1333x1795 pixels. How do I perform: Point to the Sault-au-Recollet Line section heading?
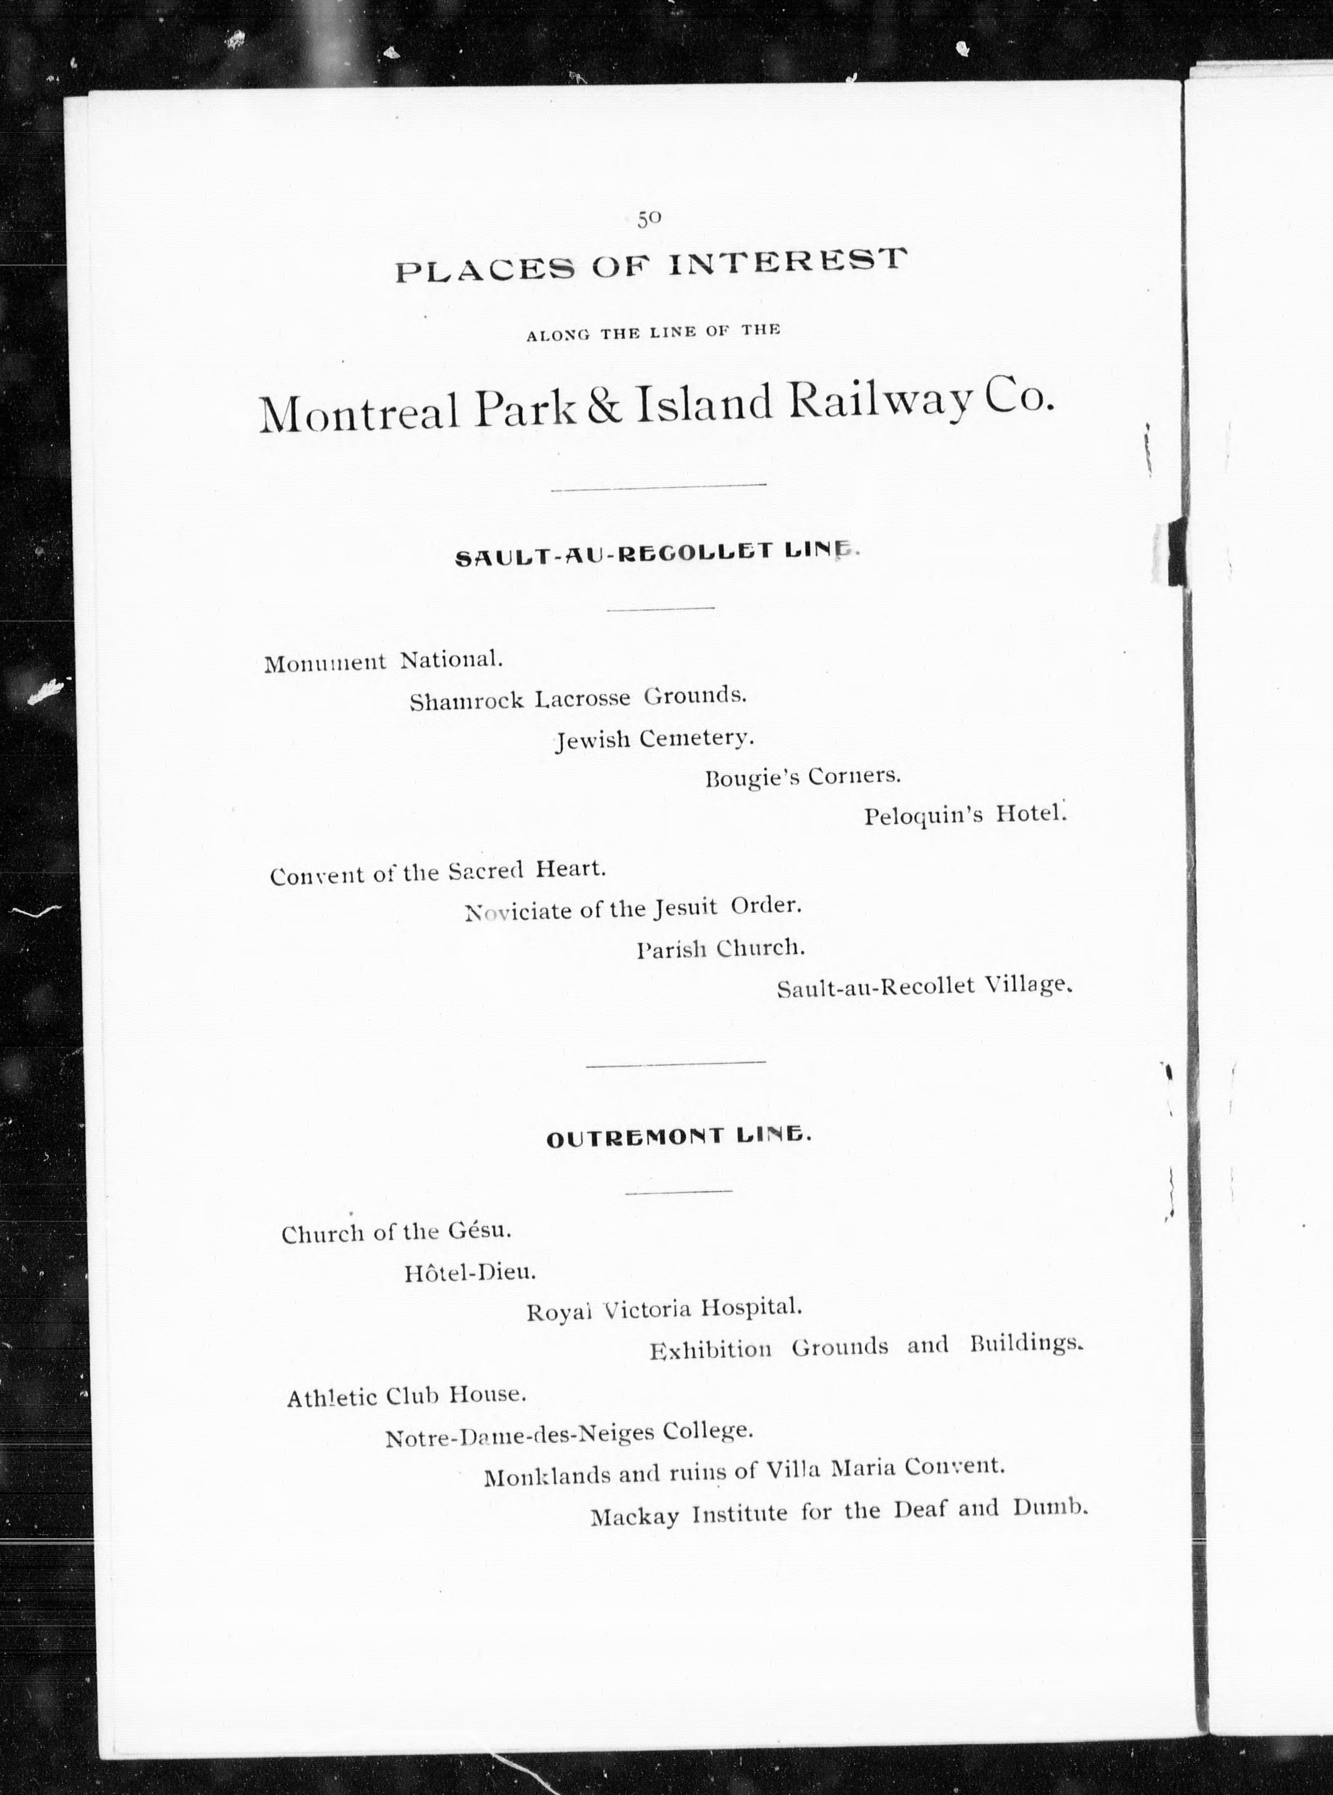[x=658, y=555]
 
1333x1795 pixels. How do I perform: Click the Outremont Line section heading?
[x=678, y=1136]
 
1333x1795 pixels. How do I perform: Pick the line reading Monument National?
[x=383, y=662]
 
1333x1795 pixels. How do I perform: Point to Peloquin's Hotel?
[x=965, y=815]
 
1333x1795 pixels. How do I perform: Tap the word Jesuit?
[x=685, y=908]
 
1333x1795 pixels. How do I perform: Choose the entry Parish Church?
[x=721, y=948]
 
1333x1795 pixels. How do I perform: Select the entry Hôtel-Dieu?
[x=469, y=1273]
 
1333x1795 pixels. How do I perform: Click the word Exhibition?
[x=710, y=1349]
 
